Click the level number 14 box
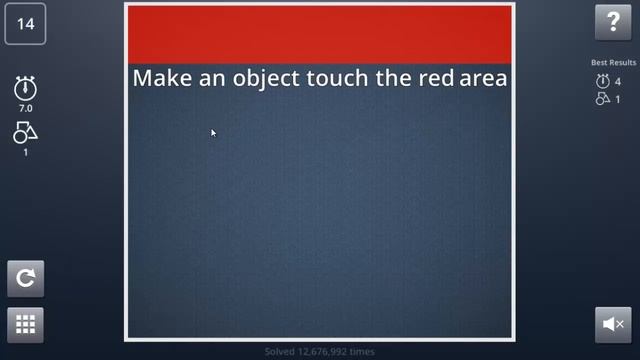[x=25, y=24]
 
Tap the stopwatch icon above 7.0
[x=25, y=88]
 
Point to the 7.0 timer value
[x=25, y=107]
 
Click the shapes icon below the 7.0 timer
[x=25, y=132]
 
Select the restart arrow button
[x=25, y=279]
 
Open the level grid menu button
[x=25, y=324]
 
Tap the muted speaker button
[x=613, y=324]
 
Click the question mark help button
[x=613, y=23]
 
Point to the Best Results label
[x=613, y=63]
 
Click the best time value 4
[x=618, y=82]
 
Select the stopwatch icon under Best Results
[x=602, y=82]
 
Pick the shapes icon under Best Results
[x=602, y=99]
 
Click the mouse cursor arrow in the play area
[x=213, y=132]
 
